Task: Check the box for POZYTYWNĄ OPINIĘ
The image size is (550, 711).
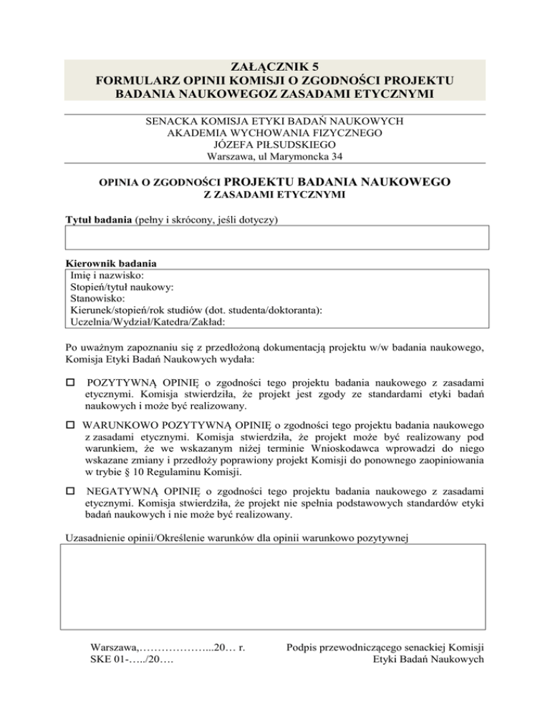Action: (x=69, y=381)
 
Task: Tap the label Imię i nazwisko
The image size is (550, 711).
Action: (x=108, y=275)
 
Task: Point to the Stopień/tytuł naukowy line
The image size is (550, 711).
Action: (x=123, y=287)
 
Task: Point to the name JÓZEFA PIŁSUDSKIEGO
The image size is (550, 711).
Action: (x=275, y=144)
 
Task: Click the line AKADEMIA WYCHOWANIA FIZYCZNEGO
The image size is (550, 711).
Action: (x=275, y=132)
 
